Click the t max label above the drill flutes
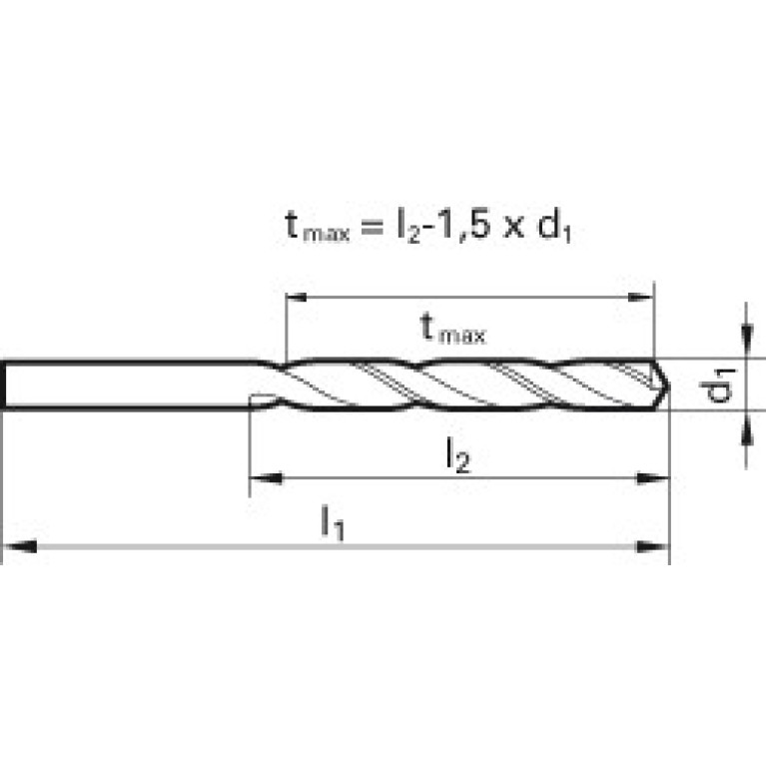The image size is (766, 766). click(453, 330)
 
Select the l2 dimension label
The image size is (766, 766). click(457, 455)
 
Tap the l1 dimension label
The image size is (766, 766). click(333, 522)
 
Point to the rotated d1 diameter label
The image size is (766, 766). click(718, 384)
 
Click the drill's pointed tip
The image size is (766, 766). click(669, 385)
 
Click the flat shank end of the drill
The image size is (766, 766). click(3, 384)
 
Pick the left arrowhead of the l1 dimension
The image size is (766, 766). click(20, 546)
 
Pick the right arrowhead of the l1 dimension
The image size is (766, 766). click(653, 546)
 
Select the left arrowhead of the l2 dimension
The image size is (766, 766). click(267, 477)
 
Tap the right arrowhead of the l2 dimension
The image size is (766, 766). click(653, 477)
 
